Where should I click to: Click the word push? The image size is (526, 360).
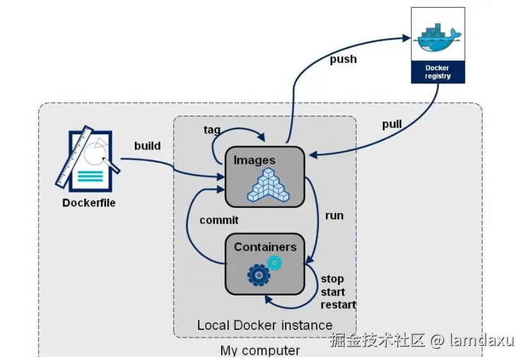343,59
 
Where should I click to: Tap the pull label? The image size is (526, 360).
392,124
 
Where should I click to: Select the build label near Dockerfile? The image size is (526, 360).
147,146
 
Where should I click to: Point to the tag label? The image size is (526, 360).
212,130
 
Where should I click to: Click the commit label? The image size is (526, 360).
219,220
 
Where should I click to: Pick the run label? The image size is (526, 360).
334,215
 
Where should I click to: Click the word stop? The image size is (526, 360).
332,279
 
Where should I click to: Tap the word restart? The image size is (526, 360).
338,304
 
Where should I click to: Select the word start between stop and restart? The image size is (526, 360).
333,292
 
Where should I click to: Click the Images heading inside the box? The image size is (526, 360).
254,160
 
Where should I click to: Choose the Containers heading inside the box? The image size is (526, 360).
265,247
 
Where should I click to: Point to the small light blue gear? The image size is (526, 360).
275,262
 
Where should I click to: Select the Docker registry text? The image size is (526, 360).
438,72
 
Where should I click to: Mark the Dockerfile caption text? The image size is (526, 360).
89,203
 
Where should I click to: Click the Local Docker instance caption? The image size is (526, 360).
265,325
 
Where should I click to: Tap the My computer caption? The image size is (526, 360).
259,350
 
